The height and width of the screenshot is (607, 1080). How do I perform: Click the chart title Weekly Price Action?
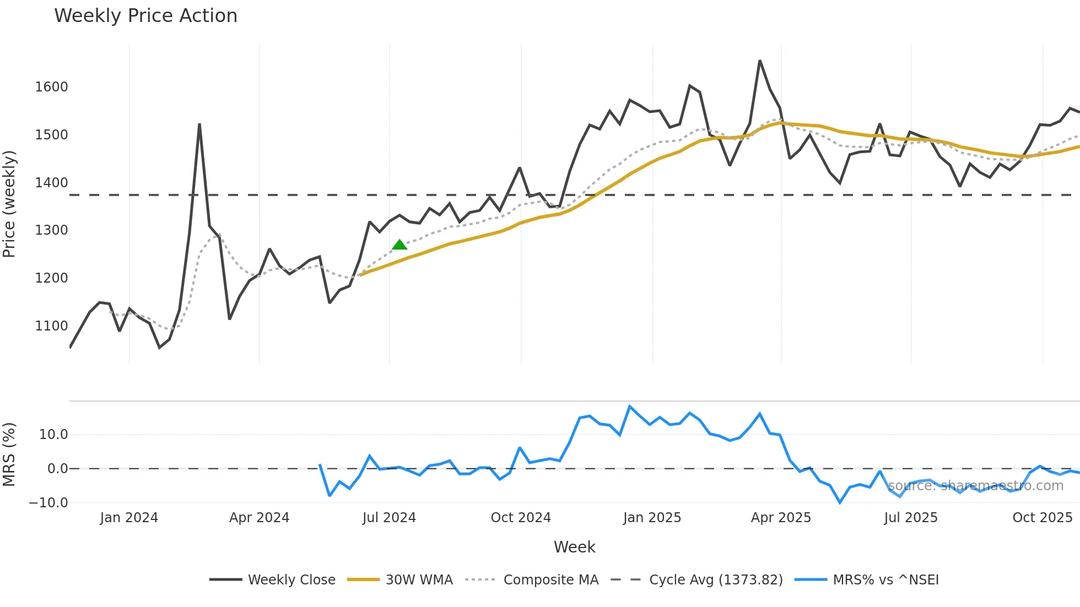(145, 15)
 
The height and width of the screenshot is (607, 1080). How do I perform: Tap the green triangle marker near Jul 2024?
(399, 245)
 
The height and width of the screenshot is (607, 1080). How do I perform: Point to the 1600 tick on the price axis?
(51, 87)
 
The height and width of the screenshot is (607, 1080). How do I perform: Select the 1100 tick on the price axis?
(51, 326)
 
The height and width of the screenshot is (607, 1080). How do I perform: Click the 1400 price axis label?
(51, 183)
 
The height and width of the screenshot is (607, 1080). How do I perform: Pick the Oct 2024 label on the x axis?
(521, 518)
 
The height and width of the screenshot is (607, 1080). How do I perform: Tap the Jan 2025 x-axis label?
(652, 518)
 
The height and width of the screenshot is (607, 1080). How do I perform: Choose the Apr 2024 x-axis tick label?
(259, 518)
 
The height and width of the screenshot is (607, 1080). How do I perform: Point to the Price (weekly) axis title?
(9, 204)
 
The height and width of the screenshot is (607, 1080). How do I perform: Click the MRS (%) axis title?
(9, 454)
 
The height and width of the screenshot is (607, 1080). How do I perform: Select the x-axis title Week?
(574, 547)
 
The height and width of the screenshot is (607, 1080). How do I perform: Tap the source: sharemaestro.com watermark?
(975, 486)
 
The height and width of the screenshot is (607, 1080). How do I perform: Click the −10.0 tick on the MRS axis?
(48, 503)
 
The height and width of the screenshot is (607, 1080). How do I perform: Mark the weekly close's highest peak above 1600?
(760, 61)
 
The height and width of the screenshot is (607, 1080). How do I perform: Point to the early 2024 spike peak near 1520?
(199, 124)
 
